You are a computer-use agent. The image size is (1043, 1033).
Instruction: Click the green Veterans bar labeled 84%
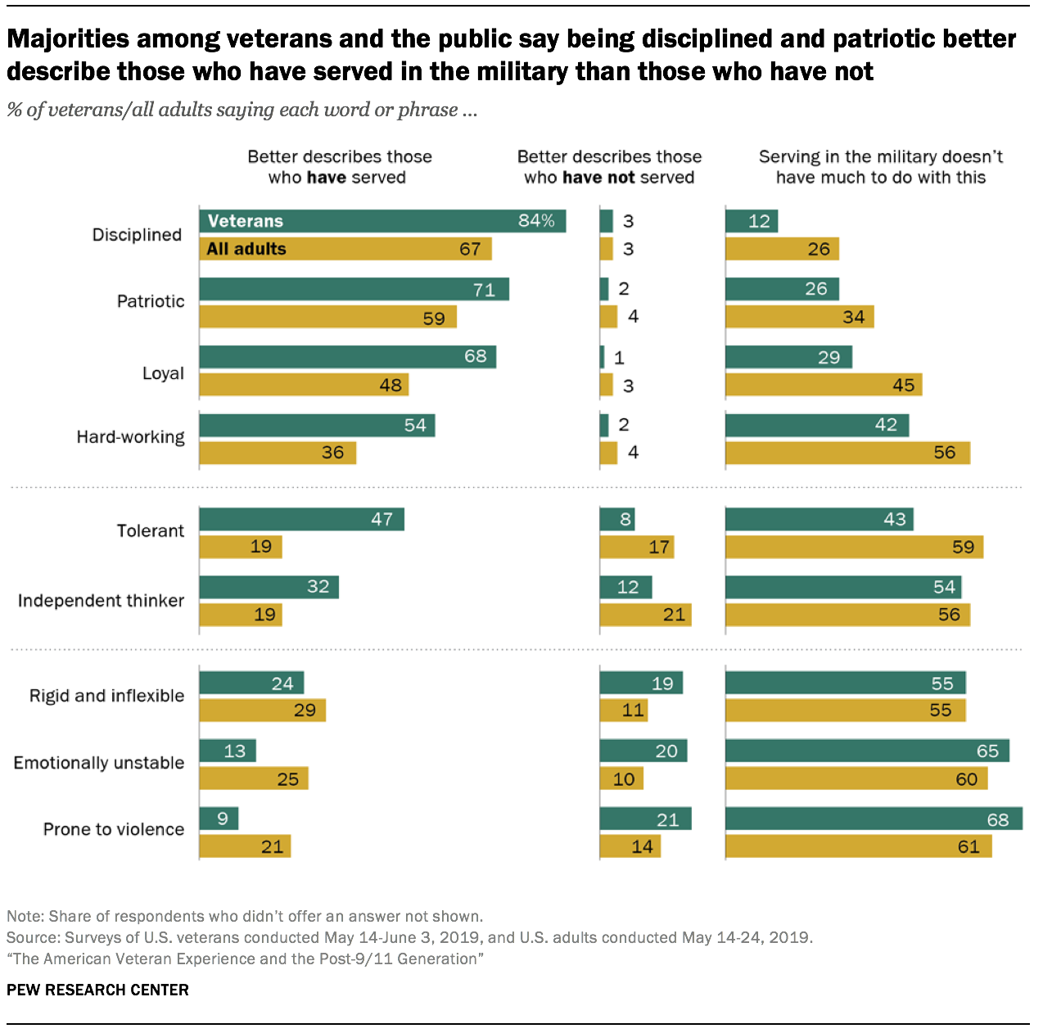click(382, 221)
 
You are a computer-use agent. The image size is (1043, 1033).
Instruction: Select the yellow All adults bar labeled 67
click(345, 249)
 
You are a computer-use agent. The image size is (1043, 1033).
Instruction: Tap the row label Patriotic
click(151, 301)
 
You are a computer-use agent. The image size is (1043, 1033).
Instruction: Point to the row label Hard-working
click(130, 437)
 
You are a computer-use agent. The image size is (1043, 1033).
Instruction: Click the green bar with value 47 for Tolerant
click(301, 519)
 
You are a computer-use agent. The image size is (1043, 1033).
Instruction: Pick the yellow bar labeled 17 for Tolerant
click(636, 547)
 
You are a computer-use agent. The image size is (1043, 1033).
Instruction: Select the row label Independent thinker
click(101, 601)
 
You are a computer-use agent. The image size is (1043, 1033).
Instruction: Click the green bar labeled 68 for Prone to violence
click(874, 819)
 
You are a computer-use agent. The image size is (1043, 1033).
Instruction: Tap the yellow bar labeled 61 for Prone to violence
click(858, 846)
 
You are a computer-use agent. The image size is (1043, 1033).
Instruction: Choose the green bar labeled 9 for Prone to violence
click(219, 819)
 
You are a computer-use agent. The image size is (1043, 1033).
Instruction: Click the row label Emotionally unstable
click(99, 763)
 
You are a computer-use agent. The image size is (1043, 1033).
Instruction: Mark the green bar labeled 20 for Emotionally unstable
click(643, 751)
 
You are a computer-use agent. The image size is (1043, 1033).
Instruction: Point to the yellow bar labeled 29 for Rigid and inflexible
click(262, 710)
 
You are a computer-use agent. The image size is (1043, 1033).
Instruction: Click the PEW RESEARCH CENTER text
click(97, 990)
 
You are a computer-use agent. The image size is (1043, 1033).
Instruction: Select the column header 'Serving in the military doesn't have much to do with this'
click(880, 167)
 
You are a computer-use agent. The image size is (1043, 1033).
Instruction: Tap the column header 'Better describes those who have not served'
click(609, 167)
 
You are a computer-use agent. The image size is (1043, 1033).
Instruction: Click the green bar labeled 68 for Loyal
click(347, 357)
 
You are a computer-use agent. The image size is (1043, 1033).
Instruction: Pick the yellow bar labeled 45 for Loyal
click(824, 385)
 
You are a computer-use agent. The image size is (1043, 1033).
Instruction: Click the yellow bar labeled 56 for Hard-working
click(847, 453)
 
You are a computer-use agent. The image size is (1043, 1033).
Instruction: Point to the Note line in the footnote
click(245, 916)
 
